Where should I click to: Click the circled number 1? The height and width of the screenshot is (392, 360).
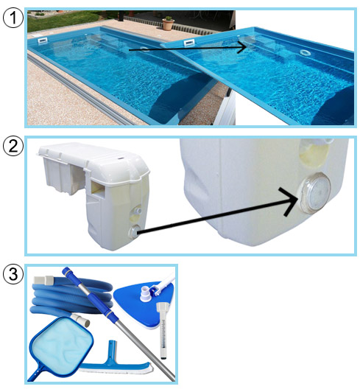13,18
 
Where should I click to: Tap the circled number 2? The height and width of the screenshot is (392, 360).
13,146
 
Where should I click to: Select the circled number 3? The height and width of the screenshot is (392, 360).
13,274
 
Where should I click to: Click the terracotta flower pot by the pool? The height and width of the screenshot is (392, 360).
168,24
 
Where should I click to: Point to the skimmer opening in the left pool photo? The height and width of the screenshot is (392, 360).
43,41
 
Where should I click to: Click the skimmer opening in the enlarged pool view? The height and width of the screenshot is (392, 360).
189,43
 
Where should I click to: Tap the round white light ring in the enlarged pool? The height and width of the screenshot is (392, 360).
305,52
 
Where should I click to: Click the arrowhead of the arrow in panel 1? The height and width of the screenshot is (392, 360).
241,46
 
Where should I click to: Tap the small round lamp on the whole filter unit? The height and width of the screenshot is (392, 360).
135,232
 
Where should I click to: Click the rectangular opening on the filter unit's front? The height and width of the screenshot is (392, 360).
98,187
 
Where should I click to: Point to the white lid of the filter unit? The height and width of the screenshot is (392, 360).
93,160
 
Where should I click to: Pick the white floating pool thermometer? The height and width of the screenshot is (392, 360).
162,331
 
